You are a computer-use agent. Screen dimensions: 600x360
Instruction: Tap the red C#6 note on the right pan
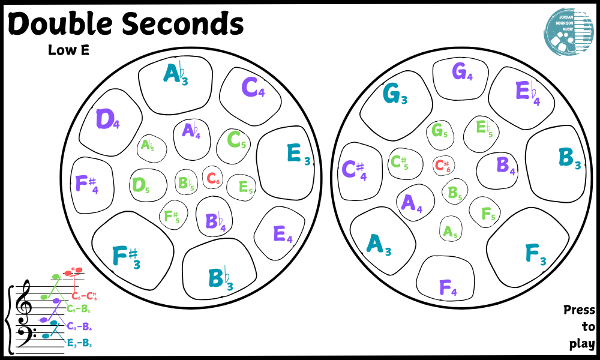pos(443,166)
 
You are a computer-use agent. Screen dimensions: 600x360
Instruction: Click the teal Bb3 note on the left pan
pos(219,276)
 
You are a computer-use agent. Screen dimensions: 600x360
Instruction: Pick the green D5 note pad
pos(142,185)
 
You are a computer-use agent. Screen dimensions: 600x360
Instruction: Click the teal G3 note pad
pos(397,97)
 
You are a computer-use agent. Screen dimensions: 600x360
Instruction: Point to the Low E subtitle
pos(68,50)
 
